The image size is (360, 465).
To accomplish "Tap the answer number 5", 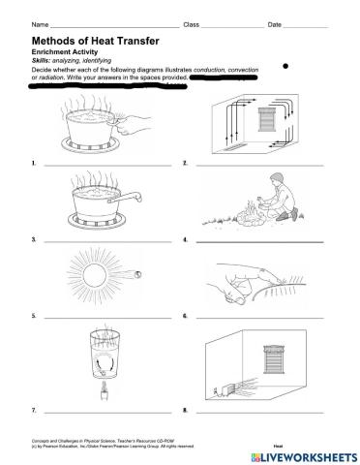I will coord(34,317).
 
